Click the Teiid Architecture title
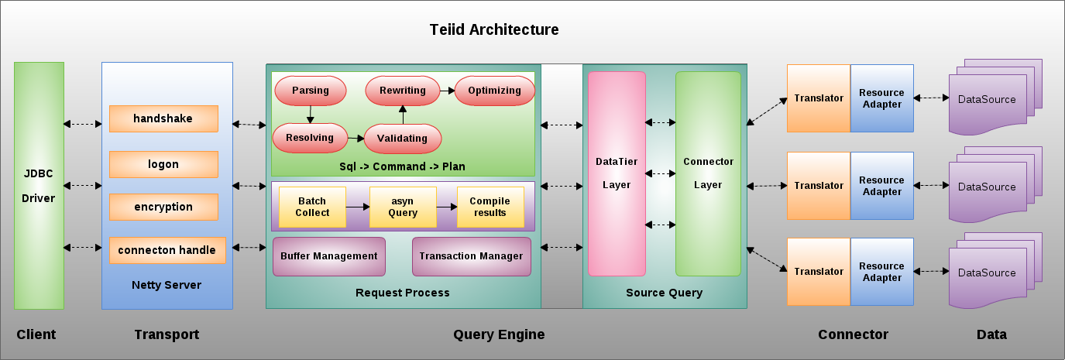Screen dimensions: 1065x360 pyautogui.click(x=494, y=29)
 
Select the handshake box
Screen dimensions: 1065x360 pyautogui.click(x=163, y=118)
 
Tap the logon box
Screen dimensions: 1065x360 pyautogui.click(x=163, y=164)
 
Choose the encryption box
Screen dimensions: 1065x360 pyautogui.click(x=163, y=207)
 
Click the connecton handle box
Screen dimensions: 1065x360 pyautogui.click(x=167, y=250)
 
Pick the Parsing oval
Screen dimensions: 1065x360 pyautogui.click(x=311, y=91)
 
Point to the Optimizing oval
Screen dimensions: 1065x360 pyautogui.click(x=494, y=91)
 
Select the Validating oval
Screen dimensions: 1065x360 pyautogui.click(x=403, y=139)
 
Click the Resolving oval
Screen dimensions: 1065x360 pyautogui.click(x=310, y=138)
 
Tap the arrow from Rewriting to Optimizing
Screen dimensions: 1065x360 pyautogui.click(x=448, y=91)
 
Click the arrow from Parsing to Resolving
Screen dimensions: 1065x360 pyautogui.click(x=310, y=115)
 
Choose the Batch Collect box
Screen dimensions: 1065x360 pyautogui.click(x=312, y=207)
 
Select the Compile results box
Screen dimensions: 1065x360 pyautogui.click(x=490, y=207)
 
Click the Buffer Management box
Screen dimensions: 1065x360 pyautogui.click(x=329, y=256)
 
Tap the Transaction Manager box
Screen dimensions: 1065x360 pyautogui.click(x=471, y=256)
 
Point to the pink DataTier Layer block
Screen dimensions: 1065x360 pyautogui.click(x=617, y=174)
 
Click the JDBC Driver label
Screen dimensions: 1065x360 pyautogui.click(x=39, y=186)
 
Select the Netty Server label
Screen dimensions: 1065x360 pyautogui.click(x=167, y=285)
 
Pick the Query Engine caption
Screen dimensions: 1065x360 pyautogui.click(x=499, y=334)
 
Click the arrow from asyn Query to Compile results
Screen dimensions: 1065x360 pyautogui.click(x=446, y=207)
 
